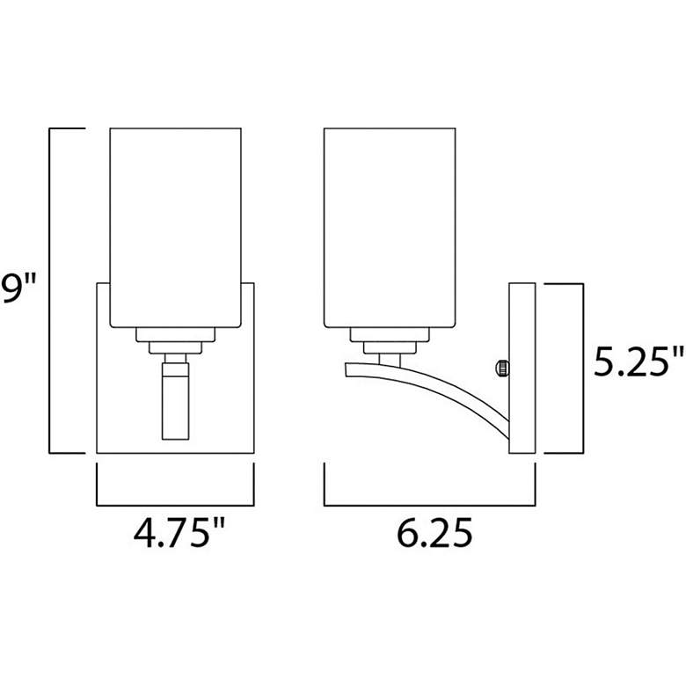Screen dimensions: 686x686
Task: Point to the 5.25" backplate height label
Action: pyautogui.click(x=638, y=361)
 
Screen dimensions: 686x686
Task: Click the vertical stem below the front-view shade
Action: pyautogui.click(x=174, y=400)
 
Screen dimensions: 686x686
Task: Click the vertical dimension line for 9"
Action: pyautogui.click(x=51, y=290)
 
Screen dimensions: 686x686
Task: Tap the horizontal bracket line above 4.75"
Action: pyautogui.click(x=174, y=506)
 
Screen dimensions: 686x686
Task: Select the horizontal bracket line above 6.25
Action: pyautogui.click(x=429, y=506)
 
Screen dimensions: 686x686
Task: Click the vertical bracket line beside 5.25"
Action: pyautogui.click(x=582, y=368)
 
